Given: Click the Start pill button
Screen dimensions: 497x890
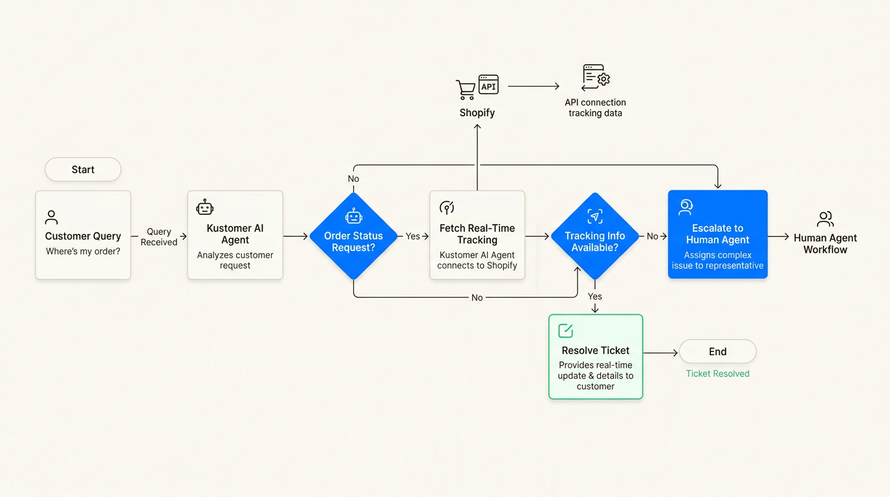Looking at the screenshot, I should pyautogui.click(x=83, y=170).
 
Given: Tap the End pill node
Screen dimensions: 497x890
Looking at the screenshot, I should pyautogui.click(x=717, y=351).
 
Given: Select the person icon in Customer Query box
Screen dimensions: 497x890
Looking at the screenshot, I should pyautogui.click(x=52, y=217).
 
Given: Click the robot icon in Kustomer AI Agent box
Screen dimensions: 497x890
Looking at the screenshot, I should pyautogui.click(x=204, y=208).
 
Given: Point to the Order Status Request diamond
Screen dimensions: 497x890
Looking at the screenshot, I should pyautogui.click(x=353, y=236).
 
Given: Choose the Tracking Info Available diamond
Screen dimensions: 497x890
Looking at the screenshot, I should pyautogui.click(x=594, y=236).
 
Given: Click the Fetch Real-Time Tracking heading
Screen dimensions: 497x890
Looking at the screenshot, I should pyautogui.click(x=477, y=234).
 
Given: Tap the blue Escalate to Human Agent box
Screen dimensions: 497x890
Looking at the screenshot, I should pyautogui.click(x=717, y=234).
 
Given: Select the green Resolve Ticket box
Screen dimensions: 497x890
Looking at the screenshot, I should pyautogui.click(x=595, y=357).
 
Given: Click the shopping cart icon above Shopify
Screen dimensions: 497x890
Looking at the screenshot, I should pyautogui.click(x=466, y=89).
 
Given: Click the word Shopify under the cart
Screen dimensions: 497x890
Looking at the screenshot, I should pyautogui.click(x=477, y=113).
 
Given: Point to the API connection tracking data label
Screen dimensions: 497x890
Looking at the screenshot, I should pyautogui.click(x=595, y=107).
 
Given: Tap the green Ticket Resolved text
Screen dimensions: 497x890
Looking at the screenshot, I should pyautogui.click(x=717, y=373).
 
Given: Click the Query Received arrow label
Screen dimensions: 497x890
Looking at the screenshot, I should pyautogui.click(x=158, y=237).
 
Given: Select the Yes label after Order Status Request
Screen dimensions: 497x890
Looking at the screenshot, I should pyautogui.click(x=413, y=236).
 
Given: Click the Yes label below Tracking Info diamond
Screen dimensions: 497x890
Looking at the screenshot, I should pyautogui.click(x=594, y=296).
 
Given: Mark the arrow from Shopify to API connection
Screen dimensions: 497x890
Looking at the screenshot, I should pyautogui.click(x=534, y=85).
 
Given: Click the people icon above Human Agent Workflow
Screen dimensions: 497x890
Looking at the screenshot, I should pyautogui.click(x=825, y=219).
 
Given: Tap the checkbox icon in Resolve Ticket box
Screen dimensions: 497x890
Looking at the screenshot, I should pyautogui.click(x=565, y=331).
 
